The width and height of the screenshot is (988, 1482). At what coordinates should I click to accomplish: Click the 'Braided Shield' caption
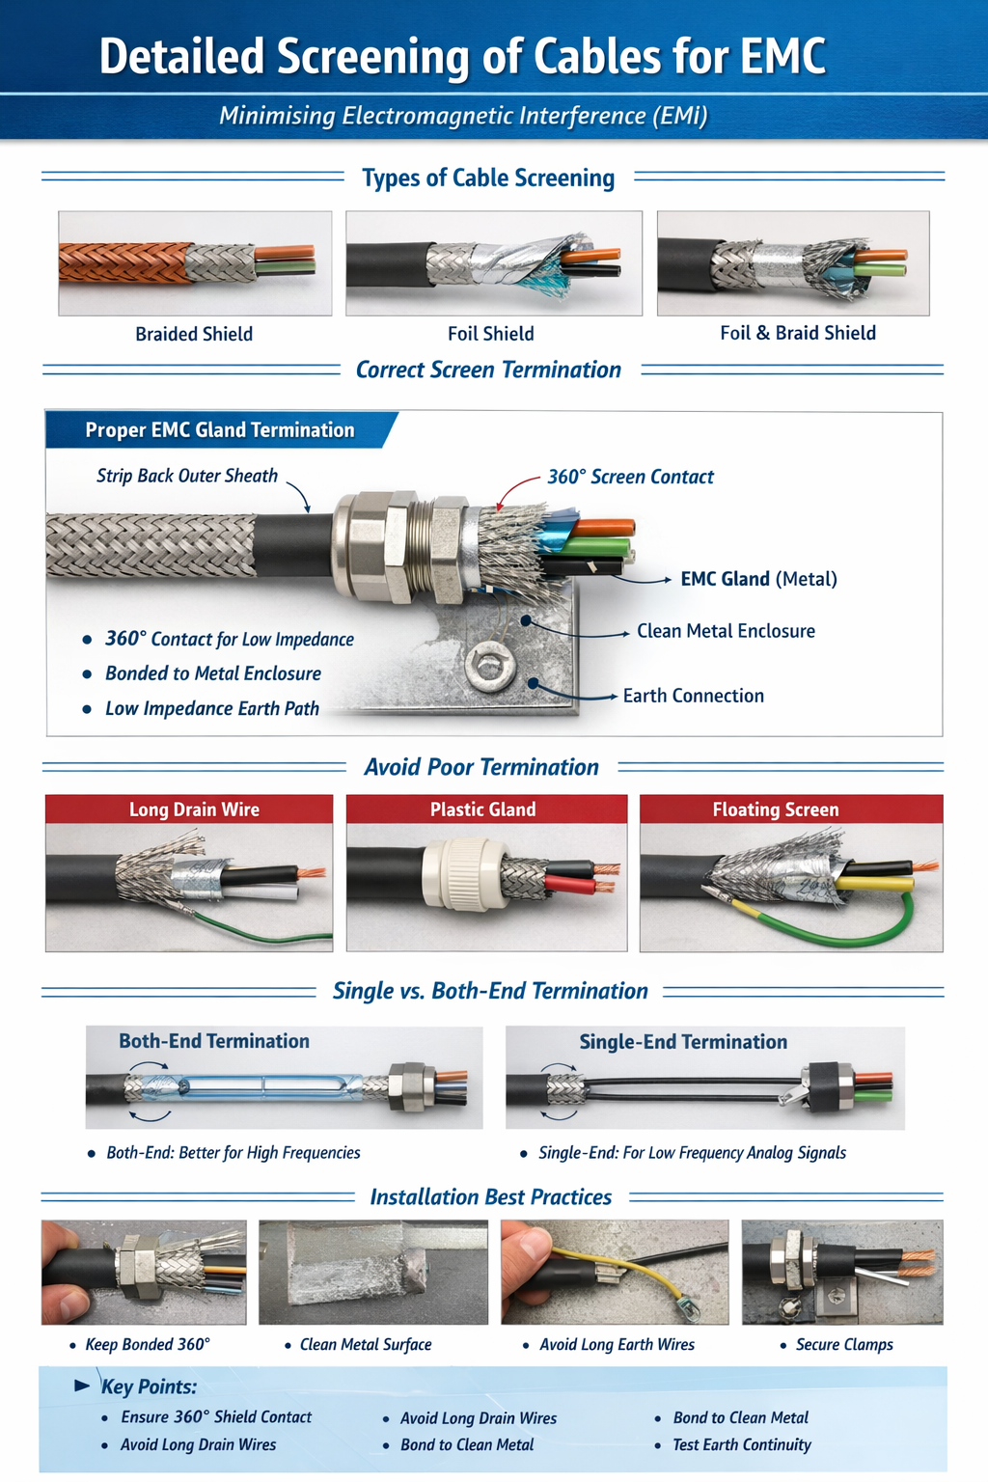[194, 334]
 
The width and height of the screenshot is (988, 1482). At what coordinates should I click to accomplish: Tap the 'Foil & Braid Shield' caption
[798, 333]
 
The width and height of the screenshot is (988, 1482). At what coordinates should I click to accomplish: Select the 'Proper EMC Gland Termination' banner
[220, 430]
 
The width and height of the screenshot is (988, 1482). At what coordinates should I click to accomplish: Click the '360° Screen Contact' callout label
[631, 477]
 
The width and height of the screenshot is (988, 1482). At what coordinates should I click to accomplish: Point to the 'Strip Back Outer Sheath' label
[187, 476]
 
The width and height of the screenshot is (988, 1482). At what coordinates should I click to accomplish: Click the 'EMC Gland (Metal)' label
[759, 579]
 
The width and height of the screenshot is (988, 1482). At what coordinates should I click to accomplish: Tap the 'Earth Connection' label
[694, 696]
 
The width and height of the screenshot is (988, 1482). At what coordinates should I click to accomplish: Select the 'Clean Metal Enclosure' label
[726, 631]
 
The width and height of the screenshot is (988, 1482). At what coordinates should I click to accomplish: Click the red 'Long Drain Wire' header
[189, 810]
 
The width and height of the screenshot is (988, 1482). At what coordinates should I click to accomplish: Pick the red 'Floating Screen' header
[791, 810]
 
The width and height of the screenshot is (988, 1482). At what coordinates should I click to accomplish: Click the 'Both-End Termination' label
[214, 1041]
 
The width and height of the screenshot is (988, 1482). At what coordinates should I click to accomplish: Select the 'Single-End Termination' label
[684, 1042]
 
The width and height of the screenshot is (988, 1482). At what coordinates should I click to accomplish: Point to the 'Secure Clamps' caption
[844, 1344]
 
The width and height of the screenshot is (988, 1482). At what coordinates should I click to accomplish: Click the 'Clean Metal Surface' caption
[366, 1344]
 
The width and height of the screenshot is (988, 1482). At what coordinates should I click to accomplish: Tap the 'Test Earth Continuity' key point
[742, 1445]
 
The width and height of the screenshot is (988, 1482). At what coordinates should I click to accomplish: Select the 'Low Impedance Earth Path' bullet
[212, 708]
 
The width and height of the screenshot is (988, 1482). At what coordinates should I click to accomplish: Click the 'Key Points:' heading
[149, 1386]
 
